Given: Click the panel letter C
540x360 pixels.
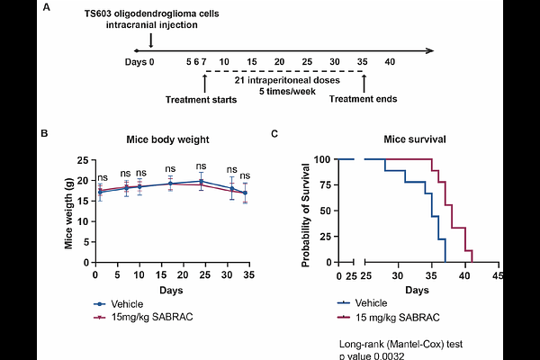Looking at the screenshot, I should pyautogui.click(x=274, y=134).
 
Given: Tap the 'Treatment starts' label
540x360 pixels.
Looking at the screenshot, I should pyautogui.click(x=202, y=99).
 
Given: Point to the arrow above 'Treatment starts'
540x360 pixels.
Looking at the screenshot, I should pyautogui.click(x=205, y=83).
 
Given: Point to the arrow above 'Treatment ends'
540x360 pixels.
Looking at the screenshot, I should pyautogui.click(x=364, y=83).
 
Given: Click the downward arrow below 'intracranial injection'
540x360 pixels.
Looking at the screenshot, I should pyautogui.click(x=149, y=40).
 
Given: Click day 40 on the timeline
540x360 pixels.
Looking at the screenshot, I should pyautogui.click(x=390, y=62).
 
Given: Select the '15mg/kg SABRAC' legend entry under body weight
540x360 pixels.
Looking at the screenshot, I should pyautogui.click(x=145, y=317).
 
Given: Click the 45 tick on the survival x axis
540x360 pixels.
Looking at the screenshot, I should pyautogui.click(x=497, y=276).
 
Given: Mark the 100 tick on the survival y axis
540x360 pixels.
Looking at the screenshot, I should pyautogui.click(x=321, y=160).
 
